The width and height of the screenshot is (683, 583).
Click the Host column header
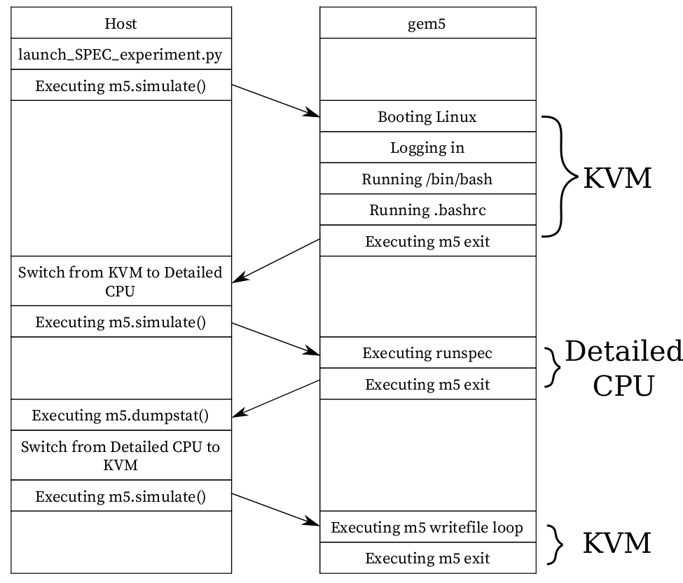click(x=120, y=23)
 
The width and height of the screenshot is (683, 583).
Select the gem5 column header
click(x=427, y=23)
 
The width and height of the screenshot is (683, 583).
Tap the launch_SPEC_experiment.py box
click(x=120, y=54)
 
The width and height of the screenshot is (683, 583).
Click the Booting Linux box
click(x=427, y=116)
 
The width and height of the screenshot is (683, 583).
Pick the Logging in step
click(x=427, y=148)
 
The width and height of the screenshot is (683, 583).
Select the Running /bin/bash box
click(x=427, y=179)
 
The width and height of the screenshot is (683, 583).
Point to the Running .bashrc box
click(x=427, y=210)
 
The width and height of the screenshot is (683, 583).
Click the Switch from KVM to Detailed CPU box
click(x=120, y=281)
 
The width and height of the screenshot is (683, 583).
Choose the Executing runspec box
click(x=427, y=352)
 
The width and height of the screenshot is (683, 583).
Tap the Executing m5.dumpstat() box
click(x=120, y=415)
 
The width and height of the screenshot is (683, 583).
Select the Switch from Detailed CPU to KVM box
click(x=120, y=455)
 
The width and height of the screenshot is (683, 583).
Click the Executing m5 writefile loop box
click(x=427, y=527)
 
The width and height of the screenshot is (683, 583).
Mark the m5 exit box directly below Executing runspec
click(x=427, y=384)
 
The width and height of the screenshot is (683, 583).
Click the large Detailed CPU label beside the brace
click(x=623, y=368)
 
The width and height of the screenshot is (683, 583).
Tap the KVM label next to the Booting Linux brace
click(x=617, y=179)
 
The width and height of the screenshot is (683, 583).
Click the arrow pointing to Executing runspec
click(x=275, y=337)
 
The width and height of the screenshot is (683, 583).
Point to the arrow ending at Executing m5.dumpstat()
click(x=275, y=399)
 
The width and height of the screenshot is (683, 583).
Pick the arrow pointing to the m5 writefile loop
click(x=275, y=509)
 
